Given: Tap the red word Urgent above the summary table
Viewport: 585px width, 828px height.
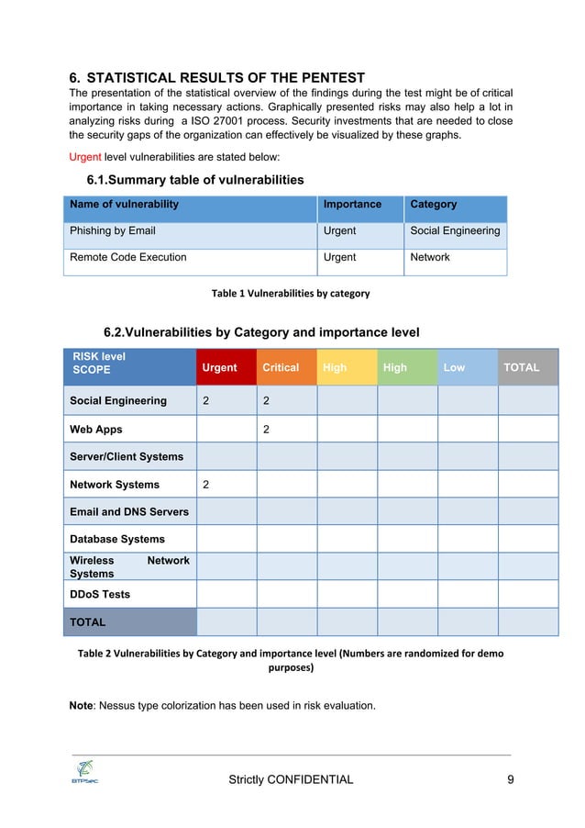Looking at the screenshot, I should (x=85, y=157).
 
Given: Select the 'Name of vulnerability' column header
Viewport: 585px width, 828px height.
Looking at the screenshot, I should (x=125, y=204).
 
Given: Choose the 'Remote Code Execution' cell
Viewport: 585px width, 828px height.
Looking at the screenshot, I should (x=128, y=257).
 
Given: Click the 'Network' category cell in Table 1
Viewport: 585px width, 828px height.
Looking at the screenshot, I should (x=430, y=257).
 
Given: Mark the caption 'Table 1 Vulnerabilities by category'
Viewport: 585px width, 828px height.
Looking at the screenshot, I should (x=291, y=294).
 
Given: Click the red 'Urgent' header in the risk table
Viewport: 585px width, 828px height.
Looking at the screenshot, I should (x=219, y=367).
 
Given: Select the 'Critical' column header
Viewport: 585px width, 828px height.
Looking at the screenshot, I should (x=281, y=367).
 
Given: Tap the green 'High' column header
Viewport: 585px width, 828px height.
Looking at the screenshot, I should (x=395, y=367).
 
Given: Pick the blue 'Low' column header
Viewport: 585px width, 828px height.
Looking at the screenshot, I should (x=454, y=367).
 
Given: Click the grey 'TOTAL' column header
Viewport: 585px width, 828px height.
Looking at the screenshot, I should (x=522, y=367).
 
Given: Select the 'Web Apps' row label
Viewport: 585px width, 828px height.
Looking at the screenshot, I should (x=96, y=429).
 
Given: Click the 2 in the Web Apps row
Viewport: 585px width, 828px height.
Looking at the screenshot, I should (x=266, y=429).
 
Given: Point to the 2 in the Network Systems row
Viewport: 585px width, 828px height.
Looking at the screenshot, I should (x=205, y=484).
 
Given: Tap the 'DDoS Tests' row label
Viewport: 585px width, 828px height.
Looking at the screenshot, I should (x=100, y=594).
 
